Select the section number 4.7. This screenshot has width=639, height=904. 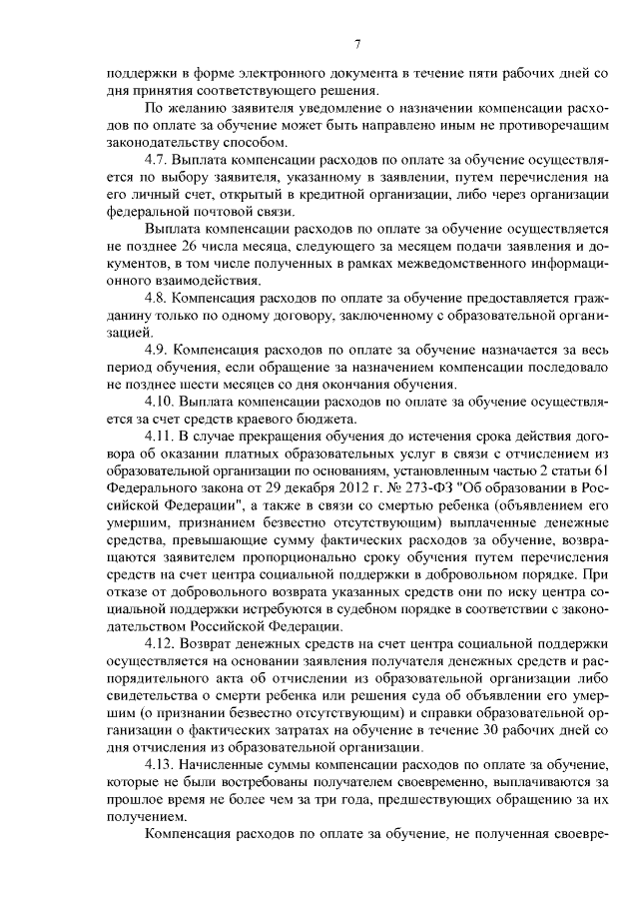tap(158, 159)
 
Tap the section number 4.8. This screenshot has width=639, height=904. tap(158, 299)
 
